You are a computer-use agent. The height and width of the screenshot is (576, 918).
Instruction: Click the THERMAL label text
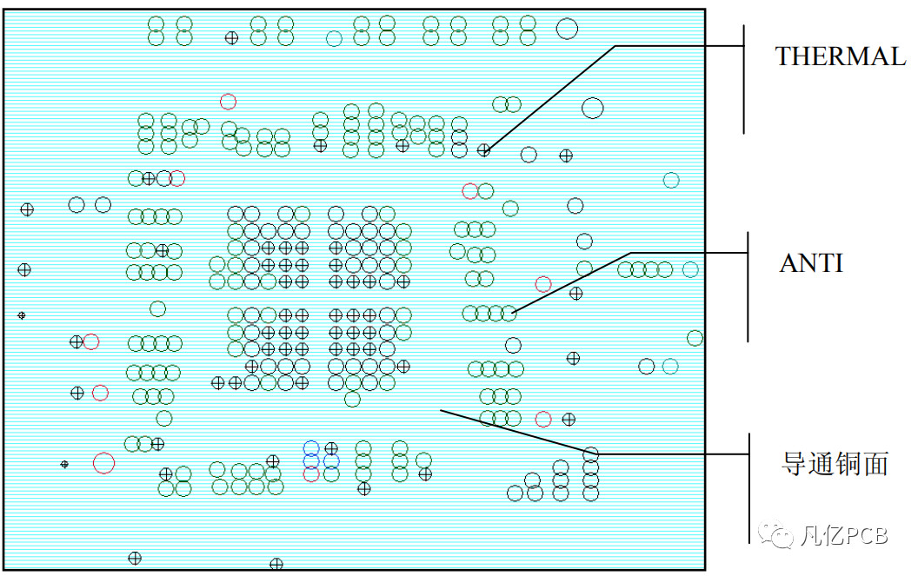(840, 56)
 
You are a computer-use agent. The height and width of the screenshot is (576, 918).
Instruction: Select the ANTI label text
(810, 263)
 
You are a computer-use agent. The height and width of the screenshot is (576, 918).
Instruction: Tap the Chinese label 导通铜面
(835, 463)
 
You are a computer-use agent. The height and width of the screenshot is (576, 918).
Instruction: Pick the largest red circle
(103, 462)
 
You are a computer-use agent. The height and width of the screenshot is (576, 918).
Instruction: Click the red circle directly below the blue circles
(311, 474)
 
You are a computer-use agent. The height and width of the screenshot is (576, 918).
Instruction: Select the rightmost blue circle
(331, 460)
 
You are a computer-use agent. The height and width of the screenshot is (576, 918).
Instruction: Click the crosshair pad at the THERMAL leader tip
(484, 150)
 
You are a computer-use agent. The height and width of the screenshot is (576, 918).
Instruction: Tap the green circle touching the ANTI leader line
(509, 313)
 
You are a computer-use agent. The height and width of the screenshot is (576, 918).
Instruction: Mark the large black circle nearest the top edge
(567, 29)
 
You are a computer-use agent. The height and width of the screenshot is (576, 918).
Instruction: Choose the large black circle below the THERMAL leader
(592, 108)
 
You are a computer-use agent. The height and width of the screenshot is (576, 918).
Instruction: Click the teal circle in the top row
(334, 37)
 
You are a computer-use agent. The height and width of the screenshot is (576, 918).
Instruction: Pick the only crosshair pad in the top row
(231, 37)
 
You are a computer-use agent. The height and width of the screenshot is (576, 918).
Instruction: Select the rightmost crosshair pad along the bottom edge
(276, 564)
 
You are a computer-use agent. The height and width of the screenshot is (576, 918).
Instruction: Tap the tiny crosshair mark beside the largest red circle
(64, 464)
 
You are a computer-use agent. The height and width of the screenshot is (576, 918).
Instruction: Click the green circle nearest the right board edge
(695, 337)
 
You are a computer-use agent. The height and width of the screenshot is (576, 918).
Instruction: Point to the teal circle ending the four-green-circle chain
(690, 269)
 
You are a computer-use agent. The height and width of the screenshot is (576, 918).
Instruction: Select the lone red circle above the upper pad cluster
(228, 102)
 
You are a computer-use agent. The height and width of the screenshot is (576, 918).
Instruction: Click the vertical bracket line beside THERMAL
(744, 78)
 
